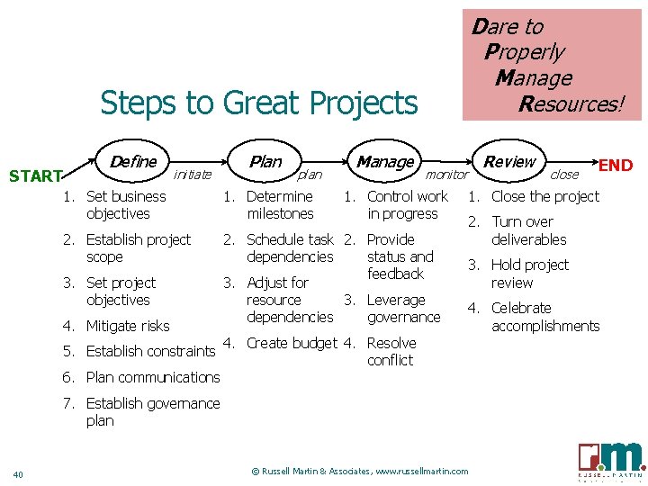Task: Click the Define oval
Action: (133, 162)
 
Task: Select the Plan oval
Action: (265, 162)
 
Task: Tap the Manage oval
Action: (385, 162)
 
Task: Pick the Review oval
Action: (509, 162)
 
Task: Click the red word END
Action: (616, 166)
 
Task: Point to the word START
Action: (34, 176)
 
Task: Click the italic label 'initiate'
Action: (192, 175)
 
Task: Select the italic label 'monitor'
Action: (446, 175)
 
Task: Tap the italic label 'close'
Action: (564, 175)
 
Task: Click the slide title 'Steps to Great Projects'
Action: (259, 103)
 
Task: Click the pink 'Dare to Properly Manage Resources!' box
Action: (551, 65)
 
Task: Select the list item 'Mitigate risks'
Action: (127, 326)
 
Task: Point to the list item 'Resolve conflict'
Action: (391, 352)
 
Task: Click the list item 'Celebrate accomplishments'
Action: (544, 317)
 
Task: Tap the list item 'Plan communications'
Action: (152, 377)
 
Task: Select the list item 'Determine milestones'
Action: (279, 205)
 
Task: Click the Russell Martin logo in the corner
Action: (611, 458)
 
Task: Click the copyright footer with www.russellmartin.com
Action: (360, 471)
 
